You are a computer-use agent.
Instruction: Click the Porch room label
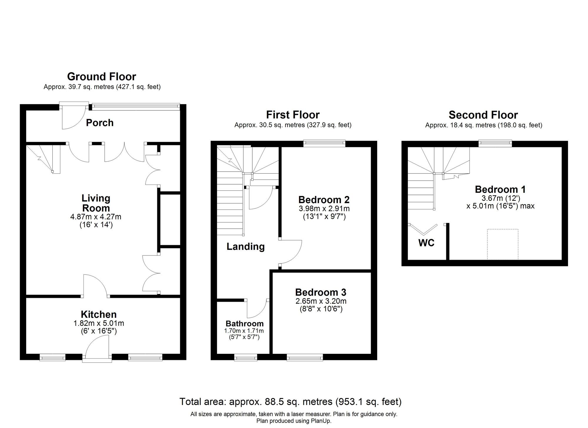click(100, 123)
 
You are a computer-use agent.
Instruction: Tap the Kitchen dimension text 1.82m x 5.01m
click(98, 323)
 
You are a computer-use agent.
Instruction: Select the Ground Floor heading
click(101, 77)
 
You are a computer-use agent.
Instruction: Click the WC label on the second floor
click(426, 243)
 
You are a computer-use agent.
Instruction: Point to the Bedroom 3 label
click(321, 292)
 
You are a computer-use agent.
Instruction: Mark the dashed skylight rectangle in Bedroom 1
click(502, 244)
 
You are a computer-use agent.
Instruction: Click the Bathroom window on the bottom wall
click(245, 357)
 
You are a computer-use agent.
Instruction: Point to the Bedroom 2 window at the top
click(324, 143)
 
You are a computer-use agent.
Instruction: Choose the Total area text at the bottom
click(290, 402)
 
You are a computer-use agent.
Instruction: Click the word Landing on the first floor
click(245, 247)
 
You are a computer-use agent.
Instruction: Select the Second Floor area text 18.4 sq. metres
click(484, 125)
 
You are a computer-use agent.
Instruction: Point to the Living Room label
click(96, 203)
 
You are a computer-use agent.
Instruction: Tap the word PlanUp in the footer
click(321, 421)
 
